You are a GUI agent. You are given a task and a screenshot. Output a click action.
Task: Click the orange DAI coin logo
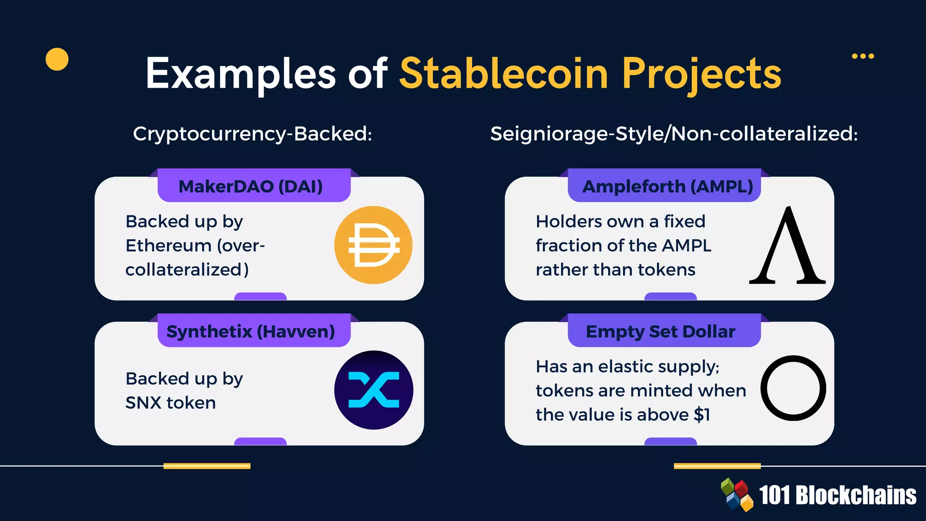pos(373,245)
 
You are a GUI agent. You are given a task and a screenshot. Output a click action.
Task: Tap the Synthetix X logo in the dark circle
pos(373,390)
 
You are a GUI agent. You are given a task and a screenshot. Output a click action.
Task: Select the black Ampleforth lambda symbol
pos(788,246)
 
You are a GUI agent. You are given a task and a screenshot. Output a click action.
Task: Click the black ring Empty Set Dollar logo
pos(793,388)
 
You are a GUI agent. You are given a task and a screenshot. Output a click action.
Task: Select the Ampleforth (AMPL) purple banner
pos(665,186)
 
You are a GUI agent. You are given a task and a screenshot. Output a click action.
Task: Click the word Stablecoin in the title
pos(504,73)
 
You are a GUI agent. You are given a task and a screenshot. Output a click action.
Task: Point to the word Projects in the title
pos(702,73)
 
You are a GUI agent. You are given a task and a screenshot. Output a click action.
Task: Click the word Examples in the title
pos(241,73)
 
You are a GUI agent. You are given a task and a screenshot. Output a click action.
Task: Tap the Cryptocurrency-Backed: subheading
pos(252,134)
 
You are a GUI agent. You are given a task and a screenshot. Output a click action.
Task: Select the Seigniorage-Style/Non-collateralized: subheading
pos(674,134)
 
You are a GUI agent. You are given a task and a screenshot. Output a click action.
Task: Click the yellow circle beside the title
pos(57,59)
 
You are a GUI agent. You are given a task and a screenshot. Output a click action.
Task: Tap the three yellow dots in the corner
pos(863,56)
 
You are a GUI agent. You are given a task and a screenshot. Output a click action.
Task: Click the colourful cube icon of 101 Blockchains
pos(737,495)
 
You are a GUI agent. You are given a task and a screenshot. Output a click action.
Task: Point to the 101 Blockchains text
pos(837,495)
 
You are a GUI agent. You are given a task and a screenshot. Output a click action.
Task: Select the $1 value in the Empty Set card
pos(702,415)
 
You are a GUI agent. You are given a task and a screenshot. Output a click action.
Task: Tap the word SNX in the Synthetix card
pos(141,403)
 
